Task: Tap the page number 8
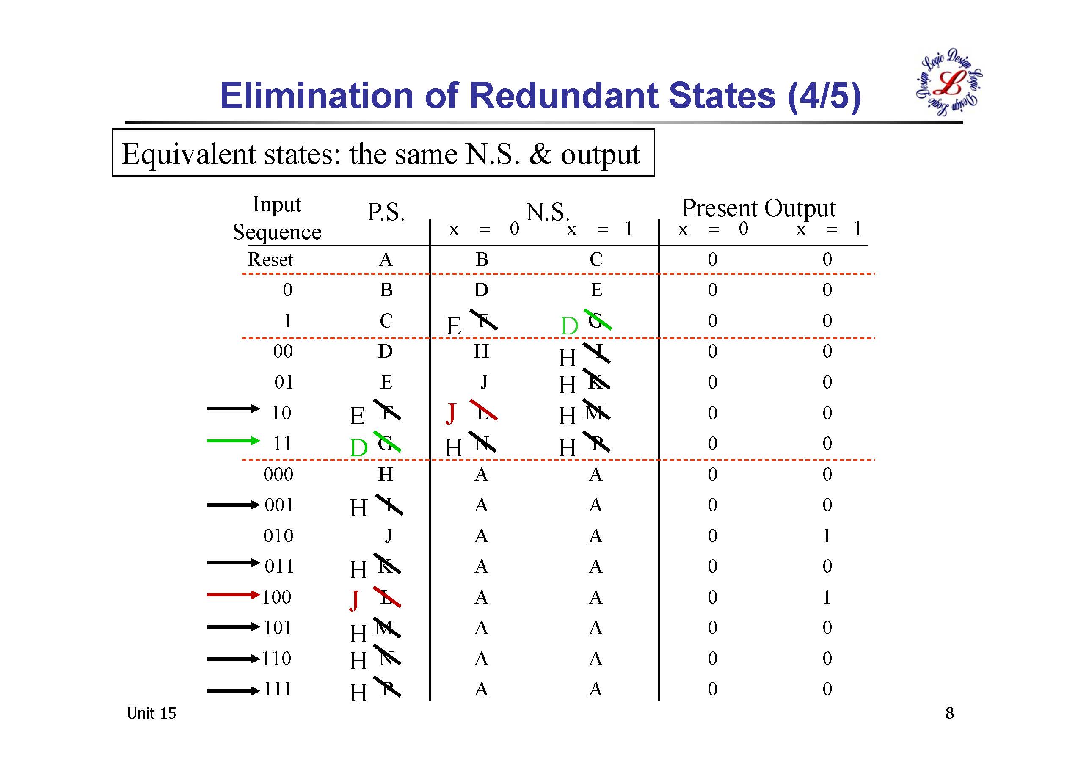pos(949,713)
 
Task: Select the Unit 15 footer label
pos(151,713)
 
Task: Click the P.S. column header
pos(386,212)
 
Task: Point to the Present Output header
pos(758,208)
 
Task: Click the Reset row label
pos(270,259)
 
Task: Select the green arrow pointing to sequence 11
pos(233,441)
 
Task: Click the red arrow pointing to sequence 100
pos(233,594)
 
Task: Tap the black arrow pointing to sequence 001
pos(233,505)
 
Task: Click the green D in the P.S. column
pos(358,448)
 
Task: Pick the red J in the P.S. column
pos(354,601)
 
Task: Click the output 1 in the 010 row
pos(827,535)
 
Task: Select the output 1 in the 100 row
pos(827,597)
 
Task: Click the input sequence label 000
pos(278,475)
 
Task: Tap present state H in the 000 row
pos(386,475)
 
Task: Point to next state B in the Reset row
pos(481,259)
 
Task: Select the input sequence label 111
pos(278,689)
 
